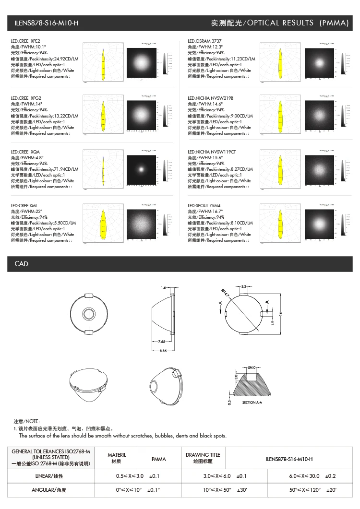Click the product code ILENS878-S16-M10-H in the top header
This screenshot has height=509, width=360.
(x=46, y=23)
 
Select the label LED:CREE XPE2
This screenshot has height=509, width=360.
(x=25, y=41)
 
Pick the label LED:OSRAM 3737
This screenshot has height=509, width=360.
(x=204, y=41)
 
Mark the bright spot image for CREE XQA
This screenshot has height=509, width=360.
(x=141, y=169)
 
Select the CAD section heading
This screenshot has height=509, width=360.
(x=22, y=264)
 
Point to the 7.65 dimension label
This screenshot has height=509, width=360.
(x=162, y=342)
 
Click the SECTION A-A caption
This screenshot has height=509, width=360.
(x=252, y=402)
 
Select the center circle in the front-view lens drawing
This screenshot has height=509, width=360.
(x=89, y=313)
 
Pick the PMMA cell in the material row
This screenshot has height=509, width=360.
(x=158, y=459)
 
